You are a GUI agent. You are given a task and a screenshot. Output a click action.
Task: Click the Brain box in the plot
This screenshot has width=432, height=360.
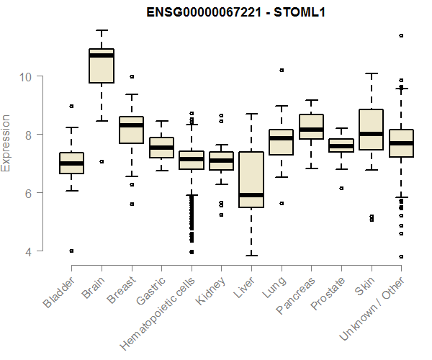click(x=102, y=66)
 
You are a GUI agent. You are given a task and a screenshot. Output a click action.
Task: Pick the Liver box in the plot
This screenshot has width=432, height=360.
click(x=251, y=179)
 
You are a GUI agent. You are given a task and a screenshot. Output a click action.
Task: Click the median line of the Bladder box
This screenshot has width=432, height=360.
click(x=71, y=163)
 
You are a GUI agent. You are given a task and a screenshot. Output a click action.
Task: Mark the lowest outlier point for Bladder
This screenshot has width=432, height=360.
click(x=71, y=251)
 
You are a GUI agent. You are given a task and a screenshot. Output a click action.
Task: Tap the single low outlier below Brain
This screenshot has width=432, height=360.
click(x=102, y=162)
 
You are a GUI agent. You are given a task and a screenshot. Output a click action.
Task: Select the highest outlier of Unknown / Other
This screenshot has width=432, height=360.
click(x=401, y=35)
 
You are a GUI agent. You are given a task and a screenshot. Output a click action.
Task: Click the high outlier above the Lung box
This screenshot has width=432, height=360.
click(x=282, y=71)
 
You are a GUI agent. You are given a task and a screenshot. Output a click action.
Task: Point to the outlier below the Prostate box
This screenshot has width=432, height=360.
click(x=341, y=188)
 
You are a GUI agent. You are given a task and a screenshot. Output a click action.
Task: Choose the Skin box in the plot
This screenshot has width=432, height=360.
click(x=371, y=130)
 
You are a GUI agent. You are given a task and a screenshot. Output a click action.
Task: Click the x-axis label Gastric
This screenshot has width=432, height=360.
click(x=150, y=291)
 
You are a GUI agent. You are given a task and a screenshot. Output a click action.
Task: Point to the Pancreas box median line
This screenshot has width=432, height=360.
click(x=311, y=130)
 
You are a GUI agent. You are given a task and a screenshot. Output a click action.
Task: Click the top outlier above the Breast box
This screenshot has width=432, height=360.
click(x=131, y=76)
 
